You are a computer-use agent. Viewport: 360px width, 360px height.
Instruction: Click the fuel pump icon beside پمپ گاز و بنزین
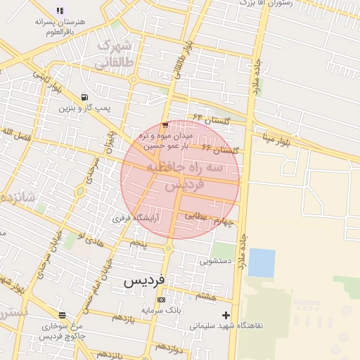coord(85,97)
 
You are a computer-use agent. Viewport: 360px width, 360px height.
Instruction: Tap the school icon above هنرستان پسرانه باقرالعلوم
coord(60,11)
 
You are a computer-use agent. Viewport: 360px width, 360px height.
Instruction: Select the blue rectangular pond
coord(262,263)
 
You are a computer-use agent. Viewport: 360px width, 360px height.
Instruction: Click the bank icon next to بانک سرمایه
coord(162,300)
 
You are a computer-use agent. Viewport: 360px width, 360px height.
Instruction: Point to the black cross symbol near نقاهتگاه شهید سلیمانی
coord(226,315)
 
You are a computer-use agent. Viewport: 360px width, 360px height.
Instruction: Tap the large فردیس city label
coord(144,280)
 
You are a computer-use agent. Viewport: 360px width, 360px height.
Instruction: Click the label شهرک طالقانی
coord(113,55)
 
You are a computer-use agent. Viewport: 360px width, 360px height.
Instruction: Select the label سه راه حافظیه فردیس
coord(184,176)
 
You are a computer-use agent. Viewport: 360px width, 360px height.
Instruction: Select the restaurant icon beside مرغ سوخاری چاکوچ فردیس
coord(63,314)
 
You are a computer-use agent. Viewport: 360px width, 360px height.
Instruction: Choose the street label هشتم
coord(205,296)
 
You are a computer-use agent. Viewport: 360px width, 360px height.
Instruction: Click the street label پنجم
coord(138,243)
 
